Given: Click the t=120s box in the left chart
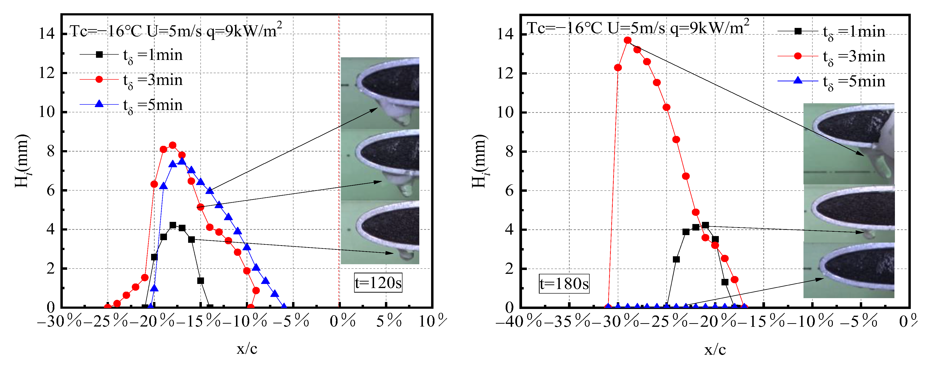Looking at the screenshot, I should [378, 283].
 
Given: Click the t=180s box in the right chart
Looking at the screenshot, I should [564, 283].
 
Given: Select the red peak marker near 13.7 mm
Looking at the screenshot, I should [627, 40].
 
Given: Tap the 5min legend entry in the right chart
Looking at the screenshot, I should [831, 81].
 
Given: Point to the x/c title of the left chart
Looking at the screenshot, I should [247, 349].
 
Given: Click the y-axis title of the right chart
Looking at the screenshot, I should [480, 161].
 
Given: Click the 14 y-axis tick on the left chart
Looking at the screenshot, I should [47, 34].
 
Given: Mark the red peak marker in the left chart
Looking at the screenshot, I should [173, 145].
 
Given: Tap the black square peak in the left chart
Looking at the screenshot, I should [173, 225].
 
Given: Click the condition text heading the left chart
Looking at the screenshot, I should [175, 31].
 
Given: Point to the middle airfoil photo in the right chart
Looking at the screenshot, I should [848, 213].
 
